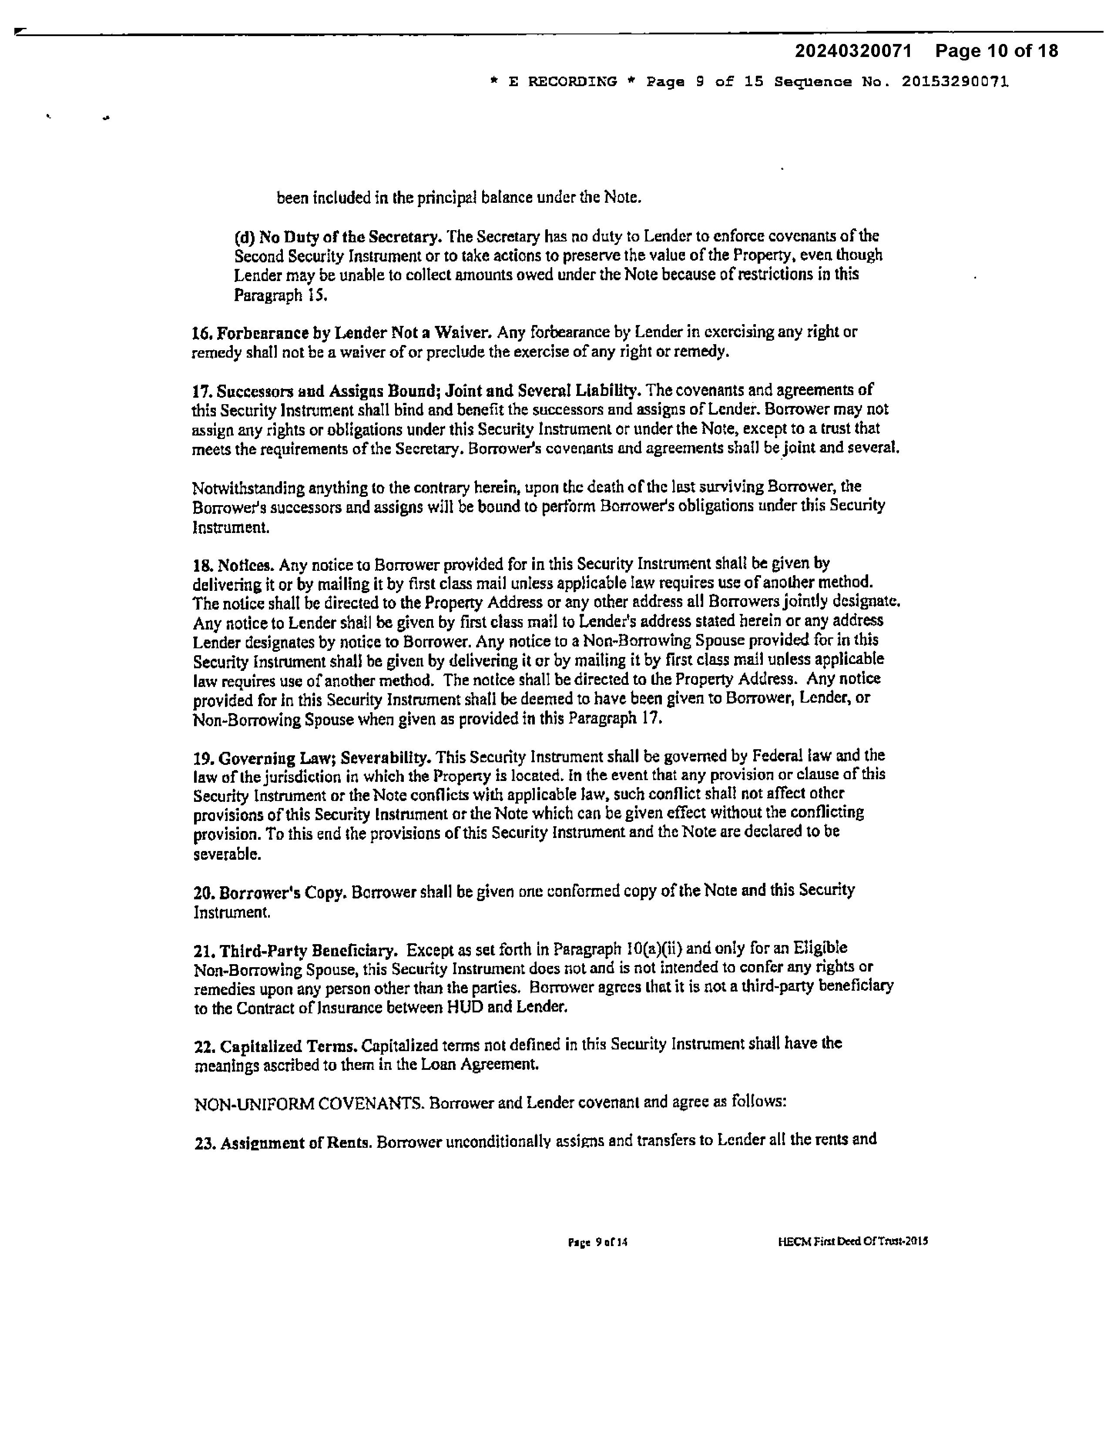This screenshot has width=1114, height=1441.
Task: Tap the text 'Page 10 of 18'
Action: [997, 51]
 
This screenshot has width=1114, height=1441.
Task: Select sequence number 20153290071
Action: [955, 82]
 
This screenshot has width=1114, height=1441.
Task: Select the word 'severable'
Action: [226, 855]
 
